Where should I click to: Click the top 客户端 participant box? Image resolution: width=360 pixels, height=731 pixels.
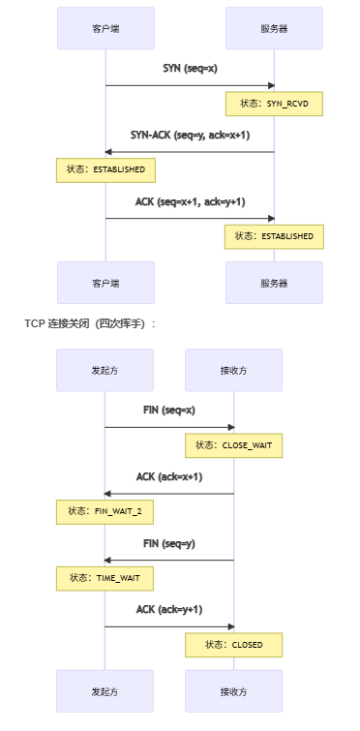click(105, 29)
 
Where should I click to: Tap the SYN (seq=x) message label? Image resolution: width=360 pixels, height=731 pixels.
click(190, 70)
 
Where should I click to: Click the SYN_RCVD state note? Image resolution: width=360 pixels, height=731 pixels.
click(274, 104)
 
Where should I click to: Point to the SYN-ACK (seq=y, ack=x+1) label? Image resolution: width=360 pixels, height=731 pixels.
click(190, 136)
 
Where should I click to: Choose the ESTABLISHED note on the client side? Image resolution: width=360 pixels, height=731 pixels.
click(105, 169)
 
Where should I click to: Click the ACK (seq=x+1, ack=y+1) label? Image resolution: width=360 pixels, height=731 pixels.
click(190, 201)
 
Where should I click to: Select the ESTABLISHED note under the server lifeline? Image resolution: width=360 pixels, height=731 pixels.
click(274, 235)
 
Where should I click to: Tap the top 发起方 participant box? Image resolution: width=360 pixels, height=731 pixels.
click(105, 370)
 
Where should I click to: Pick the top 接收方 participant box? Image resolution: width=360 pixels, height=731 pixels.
click(234, 370)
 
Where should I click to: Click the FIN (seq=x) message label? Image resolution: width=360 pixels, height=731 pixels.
click(169, 411)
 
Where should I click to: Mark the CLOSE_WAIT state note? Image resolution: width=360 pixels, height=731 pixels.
click(234, 444)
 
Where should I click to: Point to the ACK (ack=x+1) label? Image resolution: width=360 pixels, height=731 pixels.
click(169, 476)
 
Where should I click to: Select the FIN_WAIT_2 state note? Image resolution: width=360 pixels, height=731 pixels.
click(105, 510)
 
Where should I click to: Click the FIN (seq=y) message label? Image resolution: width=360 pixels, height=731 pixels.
click(169, 543)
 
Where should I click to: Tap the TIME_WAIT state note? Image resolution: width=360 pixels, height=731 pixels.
click(105, 577)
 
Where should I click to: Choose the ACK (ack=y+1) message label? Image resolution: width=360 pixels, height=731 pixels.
click(169, 610)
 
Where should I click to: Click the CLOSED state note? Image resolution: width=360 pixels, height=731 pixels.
click(234, 644)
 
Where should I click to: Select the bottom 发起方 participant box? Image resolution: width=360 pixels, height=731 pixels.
click(105, 692)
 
